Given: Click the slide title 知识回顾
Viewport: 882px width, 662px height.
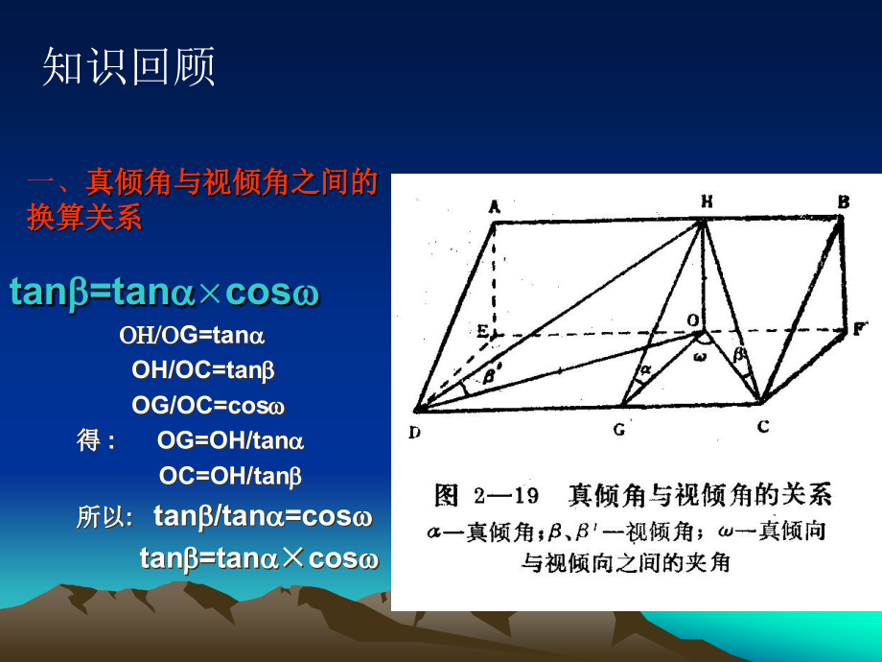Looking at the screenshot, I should tap(128, 68).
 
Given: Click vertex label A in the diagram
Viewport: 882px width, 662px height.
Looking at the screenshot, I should tap(495, 206).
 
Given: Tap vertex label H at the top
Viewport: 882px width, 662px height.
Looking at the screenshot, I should tap(706, 201).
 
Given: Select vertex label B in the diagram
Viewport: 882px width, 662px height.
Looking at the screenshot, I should tap(844, 201).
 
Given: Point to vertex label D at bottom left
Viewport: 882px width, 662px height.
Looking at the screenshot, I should tap(414, 432).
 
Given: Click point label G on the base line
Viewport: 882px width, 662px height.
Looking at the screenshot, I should tap(619, 430).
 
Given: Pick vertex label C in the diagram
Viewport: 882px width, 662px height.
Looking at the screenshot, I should tap(762, 427).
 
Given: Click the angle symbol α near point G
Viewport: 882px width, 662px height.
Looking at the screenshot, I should tap(645, 367).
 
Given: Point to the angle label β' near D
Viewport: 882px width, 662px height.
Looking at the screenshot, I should tap(490, 377).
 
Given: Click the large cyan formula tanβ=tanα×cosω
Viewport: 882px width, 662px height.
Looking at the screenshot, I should tap(164, 293).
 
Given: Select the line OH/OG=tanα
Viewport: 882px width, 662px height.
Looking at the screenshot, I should tap(192, 336).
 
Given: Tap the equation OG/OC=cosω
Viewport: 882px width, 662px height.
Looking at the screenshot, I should tap(208, 405).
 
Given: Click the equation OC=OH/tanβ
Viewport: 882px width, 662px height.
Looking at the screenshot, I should tap(230, 475).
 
